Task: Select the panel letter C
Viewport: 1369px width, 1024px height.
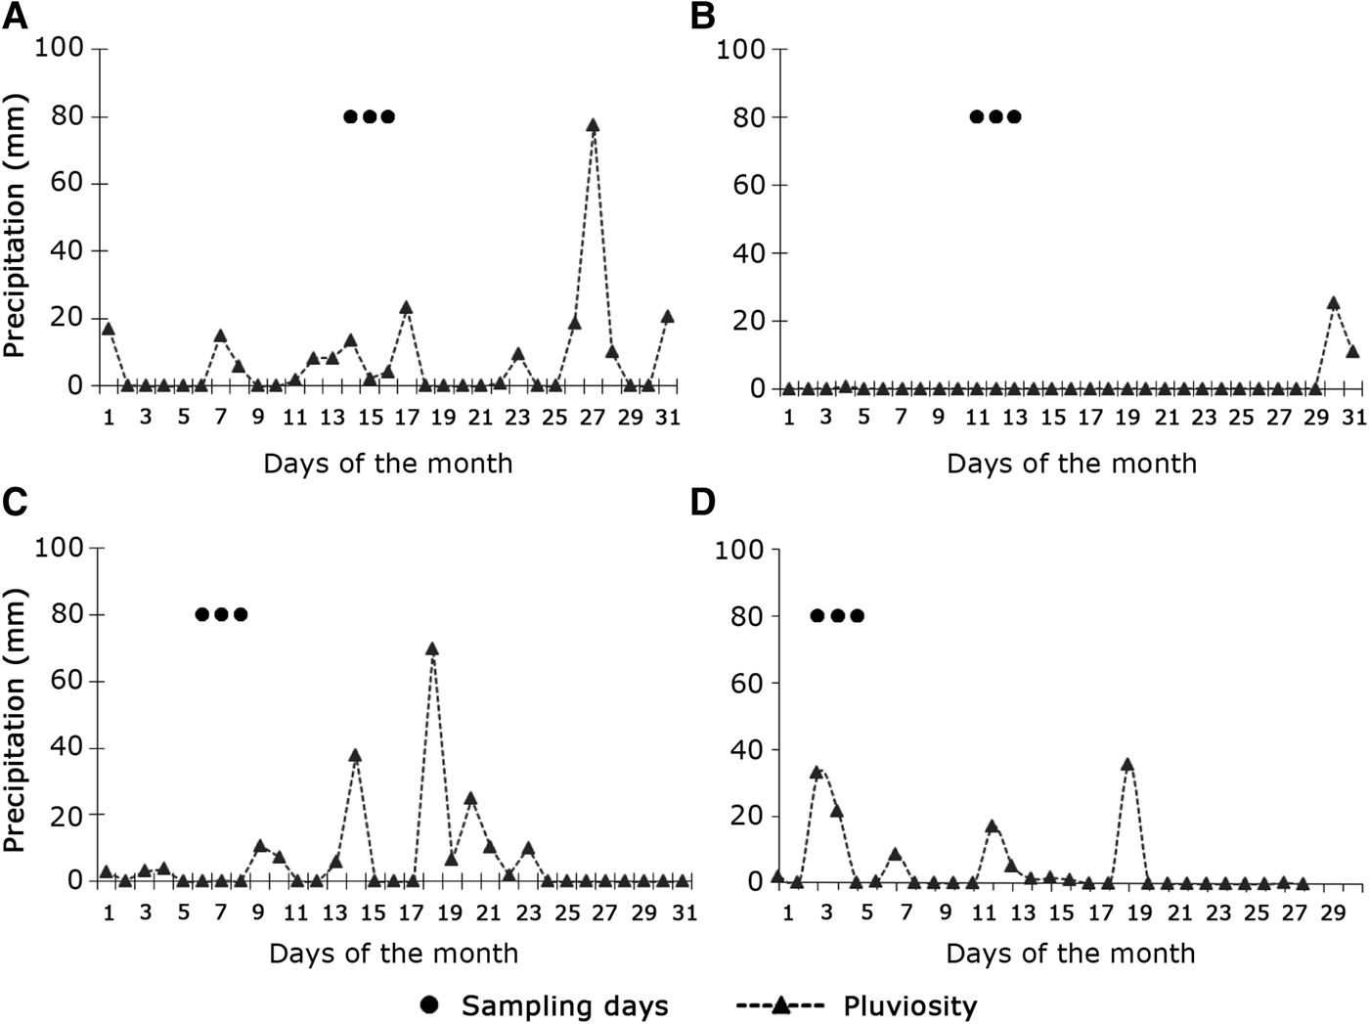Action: [15, 502]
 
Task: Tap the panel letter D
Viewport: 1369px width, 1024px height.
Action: [703, 502]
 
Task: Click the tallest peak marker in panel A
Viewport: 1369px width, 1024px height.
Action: [593, 125]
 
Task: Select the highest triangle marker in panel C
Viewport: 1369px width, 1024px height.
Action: [431, 648]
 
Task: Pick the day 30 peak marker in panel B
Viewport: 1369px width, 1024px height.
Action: [1333, 303]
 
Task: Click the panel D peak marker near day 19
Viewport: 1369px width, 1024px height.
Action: [1127, 764]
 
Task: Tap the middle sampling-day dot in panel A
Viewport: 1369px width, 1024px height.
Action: [369, 117]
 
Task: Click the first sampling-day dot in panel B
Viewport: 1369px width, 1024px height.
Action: [976, 117]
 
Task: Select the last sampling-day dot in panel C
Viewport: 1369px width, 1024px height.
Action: [241, 614]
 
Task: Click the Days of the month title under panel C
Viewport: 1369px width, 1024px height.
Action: [393, 953]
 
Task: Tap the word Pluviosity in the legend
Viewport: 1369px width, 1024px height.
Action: [909, 1005]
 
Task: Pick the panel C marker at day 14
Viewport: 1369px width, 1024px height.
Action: [355, 755]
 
